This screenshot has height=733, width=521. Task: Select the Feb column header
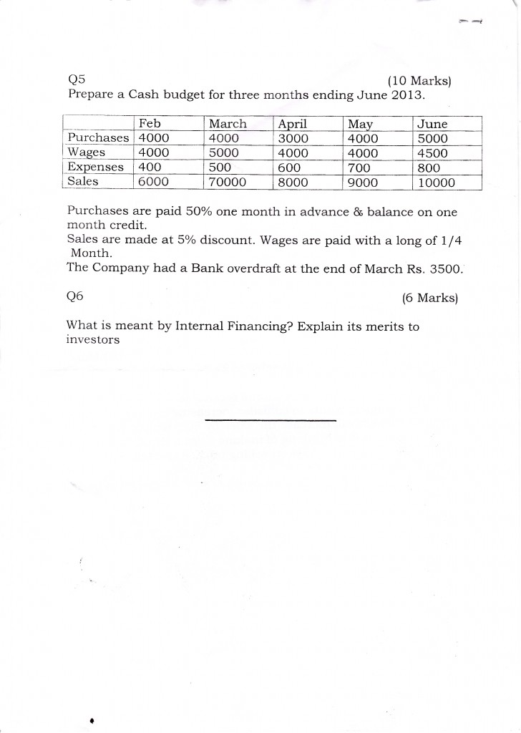(x=150, y=124)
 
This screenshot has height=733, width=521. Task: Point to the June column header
(x=432, y=124)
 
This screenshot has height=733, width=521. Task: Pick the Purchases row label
(x=98, y=138)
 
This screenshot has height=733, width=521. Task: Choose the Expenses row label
(x=95, y=167)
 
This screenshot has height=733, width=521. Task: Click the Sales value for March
(x=227, y=182)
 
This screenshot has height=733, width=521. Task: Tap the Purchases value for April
(x=293, y=138)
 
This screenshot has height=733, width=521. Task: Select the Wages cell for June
(x=432, y=153)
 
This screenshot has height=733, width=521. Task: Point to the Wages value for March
(x=223, y=153)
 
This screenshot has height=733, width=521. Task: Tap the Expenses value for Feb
(x=150, y=168)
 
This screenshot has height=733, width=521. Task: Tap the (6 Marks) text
(x=429, y=298)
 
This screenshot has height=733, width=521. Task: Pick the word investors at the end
(x=92, y=340)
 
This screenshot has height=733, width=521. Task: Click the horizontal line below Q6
(x=270, y=419)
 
